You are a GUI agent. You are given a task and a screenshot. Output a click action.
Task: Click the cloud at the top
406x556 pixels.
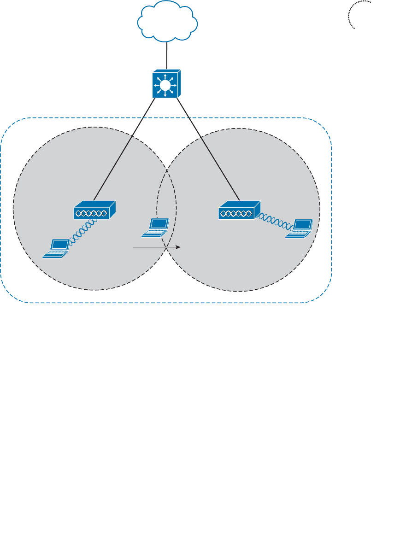click(168, 21)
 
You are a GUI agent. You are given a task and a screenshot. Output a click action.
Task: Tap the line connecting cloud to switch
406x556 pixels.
click(168, 53)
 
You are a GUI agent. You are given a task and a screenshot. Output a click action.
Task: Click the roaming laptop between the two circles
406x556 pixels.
click(156, 227)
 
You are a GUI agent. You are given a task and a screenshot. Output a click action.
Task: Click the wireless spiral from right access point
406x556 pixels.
click(275, 221)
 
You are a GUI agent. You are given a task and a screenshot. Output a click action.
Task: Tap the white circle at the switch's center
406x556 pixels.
click(165, 85)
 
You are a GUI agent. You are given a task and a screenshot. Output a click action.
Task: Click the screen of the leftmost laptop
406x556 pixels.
click(59, 244)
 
